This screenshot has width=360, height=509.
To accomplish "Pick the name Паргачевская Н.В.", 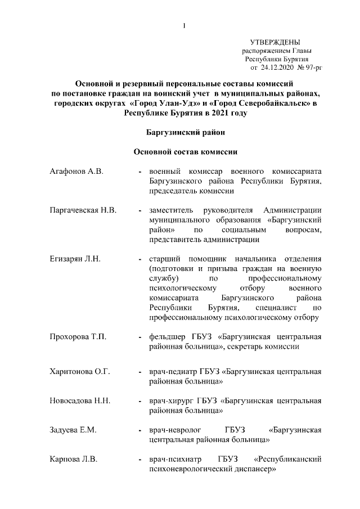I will [84, 210].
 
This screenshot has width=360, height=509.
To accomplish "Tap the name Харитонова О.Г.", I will [79, 372].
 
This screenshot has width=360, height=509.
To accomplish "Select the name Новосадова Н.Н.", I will [80, 401].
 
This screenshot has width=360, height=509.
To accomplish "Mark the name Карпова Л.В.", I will [74, 460].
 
